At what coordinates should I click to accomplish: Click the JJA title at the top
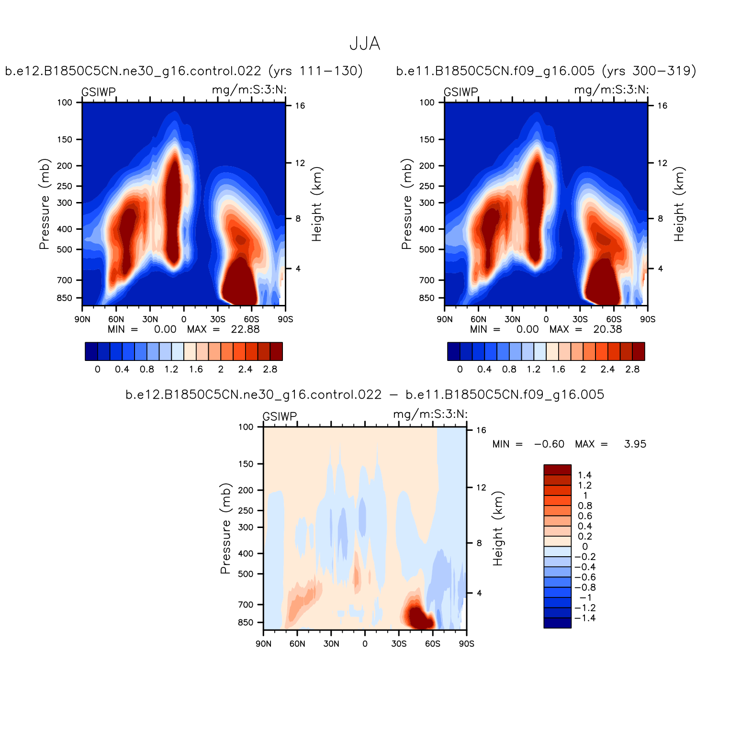(365, 44)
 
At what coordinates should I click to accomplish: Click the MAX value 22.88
(245, 329)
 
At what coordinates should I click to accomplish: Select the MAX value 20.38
(607, 329)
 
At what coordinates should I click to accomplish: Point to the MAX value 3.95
(635, 444)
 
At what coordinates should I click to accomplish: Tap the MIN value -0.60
(549, 444)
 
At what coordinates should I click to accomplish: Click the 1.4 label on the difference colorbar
(584, 475)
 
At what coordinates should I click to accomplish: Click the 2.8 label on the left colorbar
(270, 369)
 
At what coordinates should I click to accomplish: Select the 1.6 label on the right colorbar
(558, 369)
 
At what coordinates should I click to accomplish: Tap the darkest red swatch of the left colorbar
(276, 351)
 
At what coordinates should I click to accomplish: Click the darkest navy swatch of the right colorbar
(453, 351)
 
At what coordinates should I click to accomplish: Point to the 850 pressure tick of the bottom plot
(246, 622)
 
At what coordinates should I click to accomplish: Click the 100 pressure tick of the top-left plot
(65, 102)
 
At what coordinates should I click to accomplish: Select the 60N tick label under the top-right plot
(478, 319)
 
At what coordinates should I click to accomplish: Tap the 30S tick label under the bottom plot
(399, 644)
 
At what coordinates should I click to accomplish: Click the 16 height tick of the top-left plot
(300, 106)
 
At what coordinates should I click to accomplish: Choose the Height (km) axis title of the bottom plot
(498, 528)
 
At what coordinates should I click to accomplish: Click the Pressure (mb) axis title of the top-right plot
(406, 204)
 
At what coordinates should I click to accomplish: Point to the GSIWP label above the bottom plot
(280, 416)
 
